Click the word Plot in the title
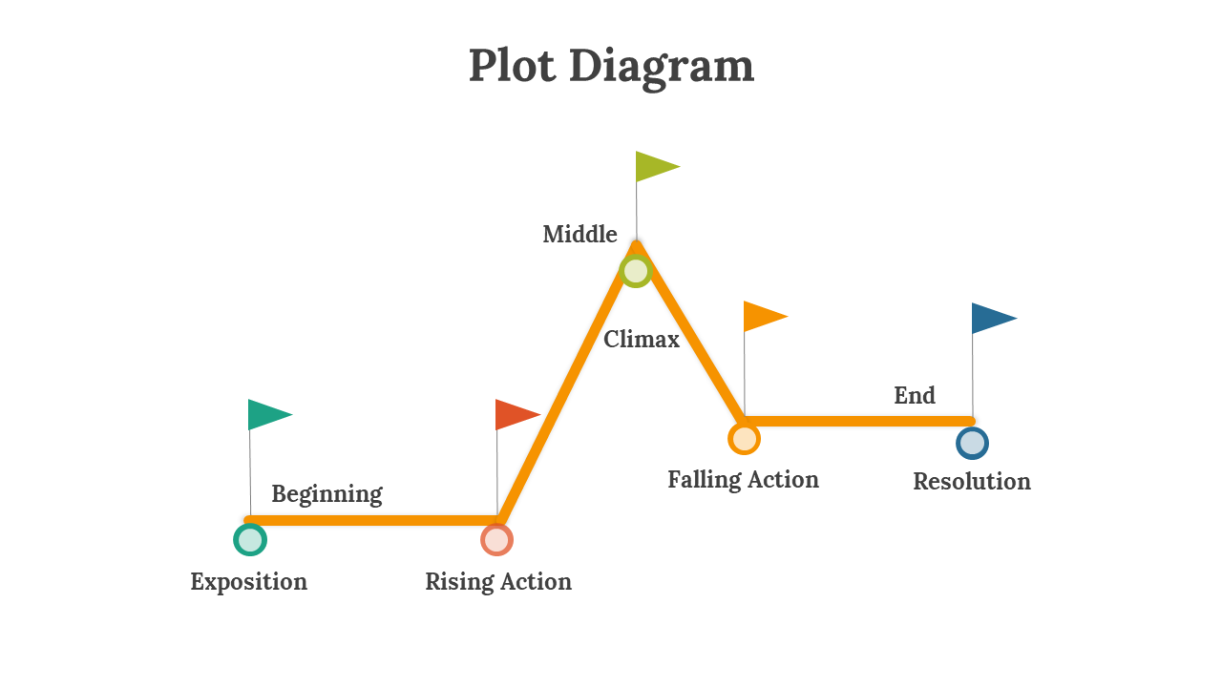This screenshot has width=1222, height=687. (513, 65)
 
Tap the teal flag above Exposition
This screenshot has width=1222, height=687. (270, 414)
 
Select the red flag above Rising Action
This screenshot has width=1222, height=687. (517, 414)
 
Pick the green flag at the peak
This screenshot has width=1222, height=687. (658, 166)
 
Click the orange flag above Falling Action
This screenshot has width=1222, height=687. (766, 316)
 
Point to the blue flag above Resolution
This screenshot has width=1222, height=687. (995, 319)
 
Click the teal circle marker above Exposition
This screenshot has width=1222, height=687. (250, 540)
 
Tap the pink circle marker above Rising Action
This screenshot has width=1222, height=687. (497, 540)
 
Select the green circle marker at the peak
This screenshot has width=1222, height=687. (636, 271)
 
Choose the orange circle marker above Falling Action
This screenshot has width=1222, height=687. (744, 438)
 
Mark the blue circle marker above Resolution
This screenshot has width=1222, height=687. (972, 443)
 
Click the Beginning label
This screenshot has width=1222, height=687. (327, 494)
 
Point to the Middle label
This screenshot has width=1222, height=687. (579, 234)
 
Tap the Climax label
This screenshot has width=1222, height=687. (642, 339)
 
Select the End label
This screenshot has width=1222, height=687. (915, 395)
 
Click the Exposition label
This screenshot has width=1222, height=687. (249, 582)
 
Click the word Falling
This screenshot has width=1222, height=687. (704, 480)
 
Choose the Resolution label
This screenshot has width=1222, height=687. (972, 482)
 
